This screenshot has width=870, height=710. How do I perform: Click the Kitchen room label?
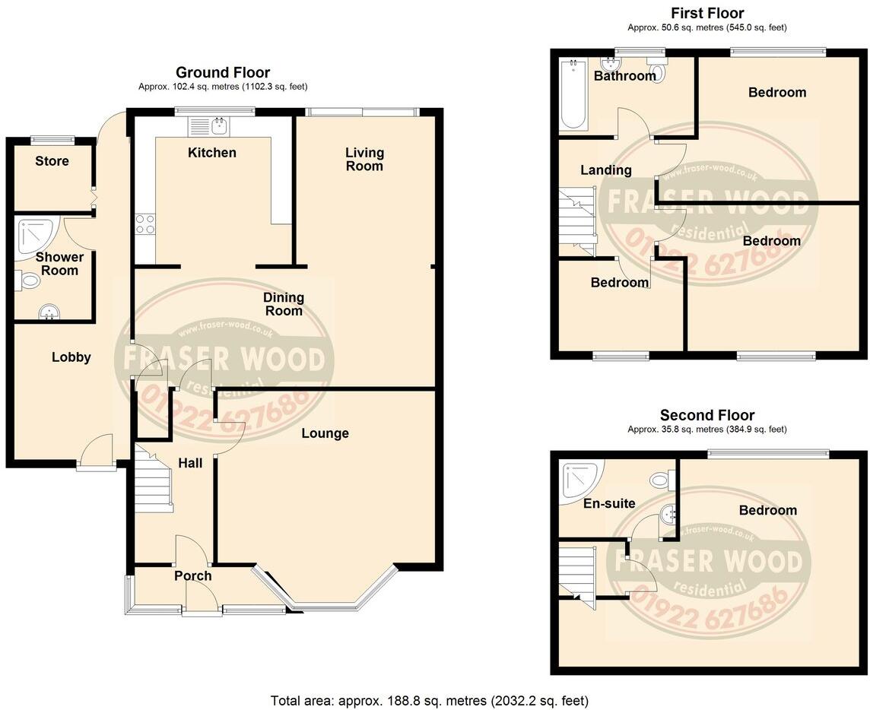coord(212,153)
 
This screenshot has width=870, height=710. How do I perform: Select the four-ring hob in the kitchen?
coord(144,224)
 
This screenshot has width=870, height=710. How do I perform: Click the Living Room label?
coord(364,160)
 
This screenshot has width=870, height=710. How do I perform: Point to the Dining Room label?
coord(284,304)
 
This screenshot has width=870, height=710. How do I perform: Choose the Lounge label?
coord(325,433)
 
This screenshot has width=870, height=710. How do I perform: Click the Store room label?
coord(52,161)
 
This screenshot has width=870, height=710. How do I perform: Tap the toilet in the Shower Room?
coord(28,281)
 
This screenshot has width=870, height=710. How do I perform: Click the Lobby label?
coord(71,357)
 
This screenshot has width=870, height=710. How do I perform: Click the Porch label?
coord(192,576)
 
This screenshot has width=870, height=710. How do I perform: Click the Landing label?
coord(606,170)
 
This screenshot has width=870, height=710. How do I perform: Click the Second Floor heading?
coord(707,415)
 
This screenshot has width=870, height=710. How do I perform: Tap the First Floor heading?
coord(707,13)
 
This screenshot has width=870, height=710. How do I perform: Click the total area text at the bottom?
coord(430,700)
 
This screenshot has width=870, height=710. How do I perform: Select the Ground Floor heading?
coord(223,72)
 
